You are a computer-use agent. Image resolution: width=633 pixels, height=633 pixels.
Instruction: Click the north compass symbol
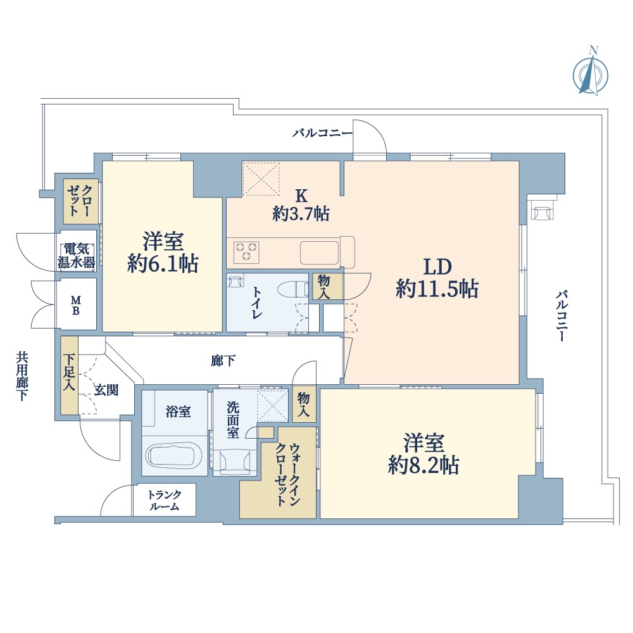pyautogui.click(x=591, y=75)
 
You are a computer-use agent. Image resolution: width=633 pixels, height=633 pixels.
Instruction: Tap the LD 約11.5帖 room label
pyautogui.click(x=437, y=278)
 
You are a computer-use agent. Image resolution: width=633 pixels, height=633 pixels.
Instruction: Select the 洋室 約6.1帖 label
pyautogui.click(x=163, y=253)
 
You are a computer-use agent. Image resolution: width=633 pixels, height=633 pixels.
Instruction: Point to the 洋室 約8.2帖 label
pyautogui.click(x=423, y=454)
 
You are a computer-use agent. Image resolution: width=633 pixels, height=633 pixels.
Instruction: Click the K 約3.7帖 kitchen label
pyautogui.click(x=301, y=205)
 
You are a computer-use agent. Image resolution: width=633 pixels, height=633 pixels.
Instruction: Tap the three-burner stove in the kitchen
pyautogui.click(x=246, y=252)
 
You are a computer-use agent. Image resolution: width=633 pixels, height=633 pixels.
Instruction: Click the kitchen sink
pyautogui.click(x=319, y=253)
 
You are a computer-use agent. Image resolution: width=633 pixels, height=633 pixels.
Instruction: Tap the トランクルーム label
pyautogui.click(x=165, y=500)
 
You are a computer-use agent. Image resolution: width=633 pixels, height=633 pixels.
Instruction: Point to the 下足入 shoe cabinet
pyautogui.click(x=70, y=375)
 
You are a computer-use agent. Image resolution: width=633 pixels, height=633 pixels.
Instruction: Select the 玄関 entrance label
pyautogui.click(x=106, y=390)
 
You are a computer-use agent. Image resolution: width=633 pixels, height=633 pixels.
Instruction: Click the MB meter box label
pyautogui.click(x=76, y=306)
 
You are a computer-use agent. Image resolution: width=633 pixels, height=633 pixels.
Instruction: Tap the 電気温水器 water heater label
pyautogui.click(x=77, y=255)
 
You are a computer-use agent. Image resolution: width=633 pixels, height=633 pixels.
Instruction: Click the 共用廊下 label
pyautogui.click(x=22, y=376)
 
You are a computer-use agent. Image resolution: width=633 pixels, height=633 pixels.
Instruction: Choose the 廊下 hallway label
pyautogui.click(x=223, y=361)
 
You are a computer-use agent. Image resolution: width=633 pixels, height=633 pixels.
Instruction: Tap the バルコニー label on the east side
pyautogui.click(x=562, y=316)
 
